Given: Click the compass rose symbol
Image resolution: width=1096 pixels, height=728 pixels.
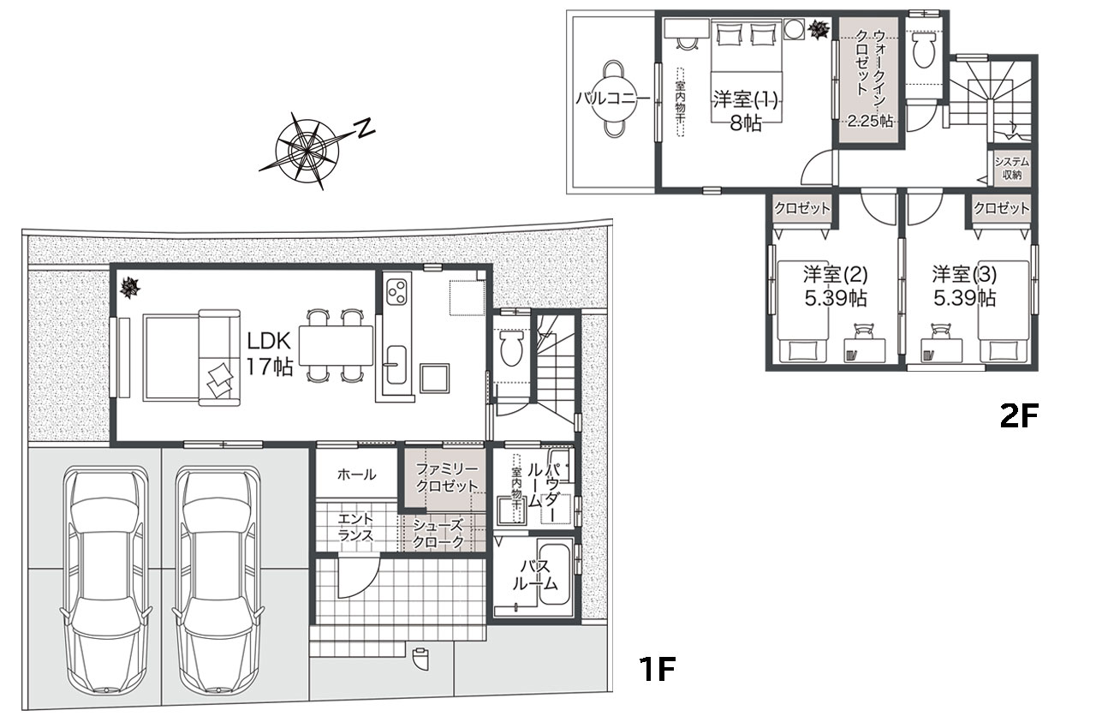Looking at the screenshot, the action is (x=307, y=151).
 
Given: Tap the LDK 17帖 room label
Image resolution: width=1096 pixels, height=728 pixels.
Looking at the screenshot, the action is (x=269, y=354).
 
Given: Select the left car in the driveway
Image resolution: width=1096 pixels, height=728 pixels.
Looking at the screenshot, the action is (x=105, y=580).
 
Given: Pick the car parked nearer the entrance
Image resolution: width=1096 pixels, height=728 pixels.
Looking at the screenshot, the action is (x=217, y=580).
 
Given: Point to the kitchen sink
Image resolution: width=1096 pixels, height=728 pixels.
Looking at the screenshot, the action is (x=396, y=365).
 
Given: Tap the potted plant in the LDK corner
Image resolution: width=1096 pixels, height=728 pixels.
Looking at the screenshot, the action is (x=129, y=287).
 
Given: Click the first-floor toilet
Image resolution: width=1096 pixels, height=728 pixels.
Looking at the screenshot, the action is (x=511, y=348).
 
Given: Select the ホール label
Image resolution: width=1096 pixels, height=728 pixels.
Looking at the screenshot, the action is (x=357, y=474).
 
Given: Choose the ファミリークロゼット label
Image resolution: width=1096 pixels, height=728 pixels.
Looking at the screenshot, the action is (x=447, y=478).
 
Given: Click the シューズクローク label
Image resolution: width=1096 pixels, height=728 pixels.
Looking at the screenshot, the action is (x=438, y=534).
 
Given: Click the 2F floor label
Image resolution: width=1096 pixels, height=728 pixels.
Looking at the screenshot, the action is (x=1018, y=416).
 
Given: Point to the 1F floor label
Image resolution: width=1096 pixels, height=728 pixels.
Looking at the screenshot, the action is (x=657, y=669).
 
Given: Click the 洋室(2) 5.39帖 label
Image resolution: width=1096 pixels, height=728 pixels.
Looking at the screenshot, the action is (x=835, y=286).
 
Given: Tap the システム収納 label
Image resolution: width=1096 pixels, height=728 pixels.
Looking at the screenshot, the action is (x=1012, y=168).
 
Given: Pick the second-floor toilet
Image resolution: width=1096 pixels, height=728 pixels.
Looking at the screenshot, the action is (x=923, y=50).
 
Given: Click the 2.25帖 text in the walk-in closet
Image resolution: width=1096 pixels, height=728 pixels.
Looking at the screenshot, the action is (x=870, y=121).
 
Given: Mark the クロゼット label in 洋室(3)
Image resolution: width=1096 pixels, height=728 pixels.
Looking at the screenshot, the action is (x=1002, y=208).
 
